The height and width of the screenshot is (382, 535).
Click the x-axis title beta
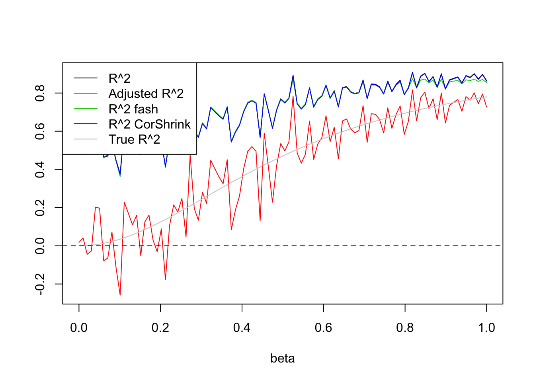click(x=282, y=359)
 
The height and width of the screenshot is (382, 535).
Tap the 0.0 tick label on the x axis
click(x=79, y=328)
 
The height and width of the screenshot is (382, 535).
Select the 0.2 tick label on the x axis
click(x=160, y=328)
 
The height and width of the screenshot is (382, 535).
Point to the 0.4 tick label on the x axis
click(x=242, y=328)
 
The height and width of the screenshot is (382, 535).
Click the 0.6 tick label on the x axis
click(x=323, y=328)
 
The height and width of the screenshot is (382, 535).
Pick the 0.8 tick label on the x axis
click(x=405, y=328)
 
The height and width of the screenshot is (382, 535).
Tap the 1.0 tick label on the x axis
click(x=486, y=328)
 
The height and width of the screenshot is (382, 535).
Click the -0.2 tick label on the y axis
click(x=40, y=284)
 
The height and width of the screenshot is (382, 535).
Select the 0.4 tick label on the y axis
click(x=40, y=170)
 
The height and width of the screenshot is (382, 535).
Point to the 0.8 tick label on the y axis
click(x=40, y=93)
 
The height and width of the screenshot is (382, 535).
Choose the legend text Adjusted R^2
click(x=146, y=94)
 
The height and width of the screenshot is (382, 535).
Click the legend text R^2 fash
click(x=133, y=109)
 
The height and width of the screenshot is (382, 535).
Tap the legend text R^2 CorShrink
click(x=150, y=125)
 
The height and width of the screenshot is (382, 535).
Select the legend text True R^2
click(x=134, y=140)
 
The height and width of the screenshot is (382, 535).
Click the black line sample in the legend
click(x=86, y=78)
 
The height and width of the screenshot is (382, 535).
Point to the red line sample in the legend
click(x=86, y=94)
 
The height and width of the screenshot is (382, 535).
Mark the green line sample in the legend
click(x=86, y=109)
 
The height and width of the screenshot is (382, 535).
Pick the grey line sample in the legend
click(x=86, y=140)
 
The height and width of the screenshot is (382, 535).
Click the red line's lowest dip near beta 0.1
click(x=120, y=295)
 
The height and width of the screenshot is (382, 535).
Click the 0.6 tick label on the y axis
click(x=40, y=131)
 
